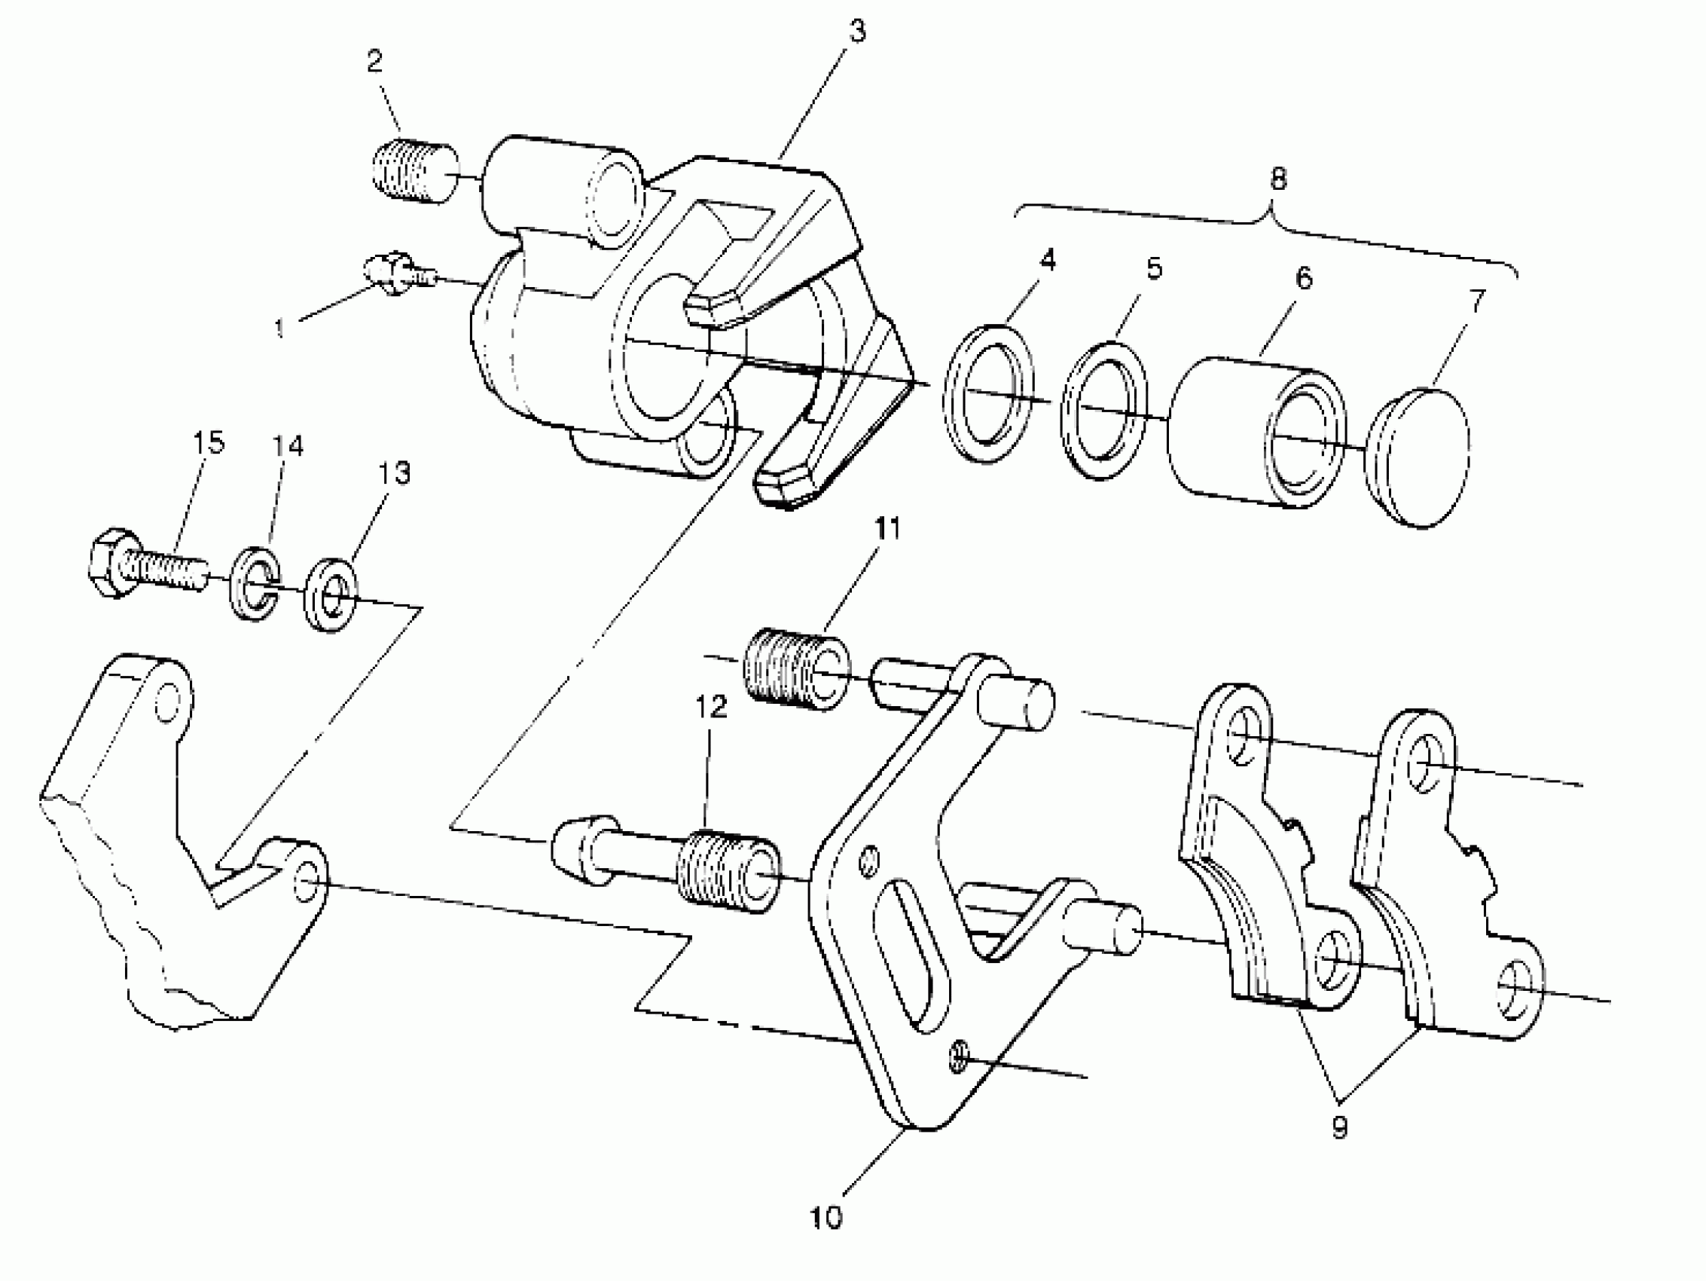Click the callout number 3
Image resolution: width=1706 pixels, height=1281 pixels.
[858, 32]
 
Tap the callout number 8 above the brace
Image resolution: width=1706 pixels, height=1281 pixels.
[1278, 179]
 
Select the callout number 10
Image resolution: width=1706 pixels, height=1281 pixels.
[827, 1218]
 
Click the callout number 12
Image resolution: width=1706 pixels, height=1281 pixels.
[711, 707]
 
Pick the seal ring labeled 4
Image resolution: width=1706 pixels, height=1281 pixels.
[989, 393]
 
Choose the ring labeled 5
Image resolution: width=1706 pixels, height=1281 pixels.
[1104, 409]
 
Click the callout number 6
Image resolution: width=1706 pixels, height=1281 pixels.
[1302, 278]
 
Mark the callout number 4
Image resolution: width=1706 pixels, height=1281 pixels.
[1047, 261]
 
